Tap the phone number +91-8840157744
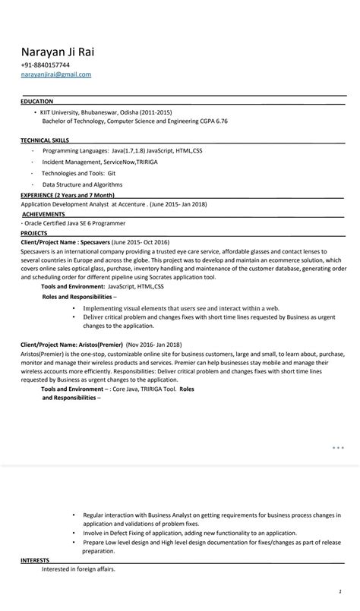(x=45, y=65)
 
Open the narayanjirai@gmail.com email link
(x=55, y=74)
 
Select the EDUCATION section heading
(x=36, y=101)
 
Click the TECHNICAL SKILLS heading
(x=45, y=140)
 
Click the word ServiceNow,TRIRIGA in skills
(x=123, y=162)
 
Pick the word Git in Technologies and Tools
(x=111, y=173)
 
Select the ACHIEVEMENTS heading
(x=43, y=214)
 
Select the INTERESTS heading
(x=35, y=560)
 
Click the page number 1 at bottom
(x=340, y=591)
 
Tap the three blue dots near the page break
(x=338, y=448)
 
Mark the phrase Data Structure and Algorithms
(x=82, y=184)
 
